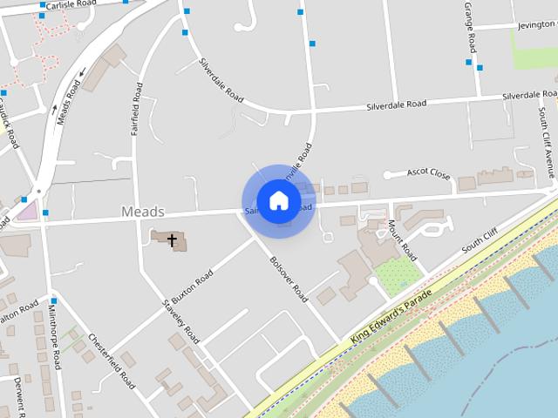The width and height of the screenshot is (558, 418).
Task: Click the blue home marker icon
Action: (278, 200)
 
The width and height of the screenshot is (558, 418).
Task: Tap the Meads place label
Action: (142, 212)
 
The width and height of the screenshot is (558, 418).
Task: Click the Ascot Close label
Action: (428, 173)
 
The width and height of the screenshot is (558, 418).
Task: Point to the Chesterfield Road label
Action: (111, 362)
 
